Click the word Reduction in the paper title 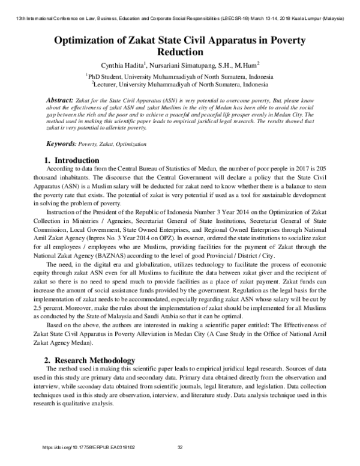coord(179,53)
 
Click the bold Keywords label coord(61,145)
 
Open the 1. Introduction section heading coord(72,160)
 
